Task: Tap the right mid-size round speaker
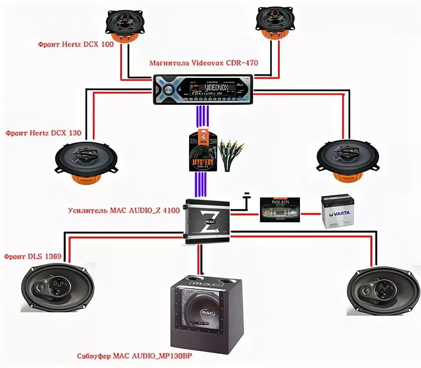346,159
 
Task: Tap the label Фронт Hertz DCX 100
75,45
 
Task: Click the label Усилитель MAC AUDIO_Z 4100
124,210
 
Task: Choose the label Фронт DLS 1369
32,256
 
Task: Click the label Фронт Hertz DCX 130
43,133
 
